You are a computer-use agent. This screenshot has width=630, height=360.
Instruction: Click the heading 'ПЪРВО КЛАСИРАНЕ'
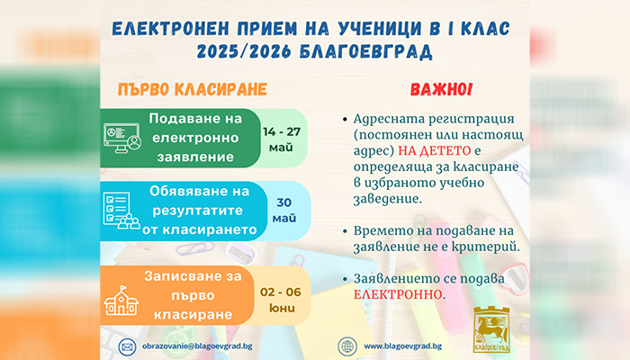[193, 89]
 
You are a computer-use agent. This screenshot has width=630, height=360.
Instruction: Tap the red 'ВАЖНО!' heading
[441, 89]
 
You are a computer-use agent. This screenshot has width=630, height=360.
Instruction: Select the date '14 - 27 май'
[282, 139]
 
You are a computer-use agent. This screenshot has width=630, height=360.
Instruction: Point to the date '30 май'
[284, 210]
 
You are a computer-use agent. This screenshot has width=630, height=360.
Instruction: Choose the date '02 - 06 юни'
[281, 300]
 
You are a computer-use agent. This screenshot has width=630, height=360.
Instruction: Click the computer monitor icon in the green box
[122, 138]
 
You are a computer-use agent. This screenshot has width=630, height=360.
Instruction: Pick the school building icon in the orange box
[121, 301]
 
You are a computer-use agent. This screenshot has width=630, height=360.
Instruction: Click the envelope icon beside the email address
[128, 346]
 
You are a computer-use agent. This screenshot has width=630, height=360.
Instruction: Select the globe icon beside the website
[347, 346]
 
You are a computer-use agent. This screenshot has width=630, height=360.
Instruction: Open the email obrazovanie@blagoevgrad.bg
[197, 346]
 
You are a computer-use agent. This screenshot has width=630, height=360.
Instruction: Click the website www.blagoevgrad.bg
[403, 346]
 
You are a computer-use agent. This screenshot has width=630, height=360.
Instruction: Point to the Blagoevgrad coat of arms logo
[491, 329]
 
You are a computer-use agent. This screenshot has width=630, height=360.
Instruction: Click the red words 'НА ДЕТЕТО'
[435, 150]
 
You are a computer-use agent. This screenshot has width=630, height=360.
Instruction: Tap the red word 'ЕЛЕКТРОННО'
[398, 294]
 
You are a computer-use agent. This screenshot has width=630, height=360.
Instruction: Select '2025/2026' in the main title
[244, 51]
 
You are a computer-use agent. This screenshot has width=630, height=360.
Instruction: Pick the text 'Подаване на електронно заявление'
[195, 138]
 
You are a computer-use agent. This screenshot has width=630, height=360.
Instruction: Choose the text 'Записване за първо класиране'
[193, 295]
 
